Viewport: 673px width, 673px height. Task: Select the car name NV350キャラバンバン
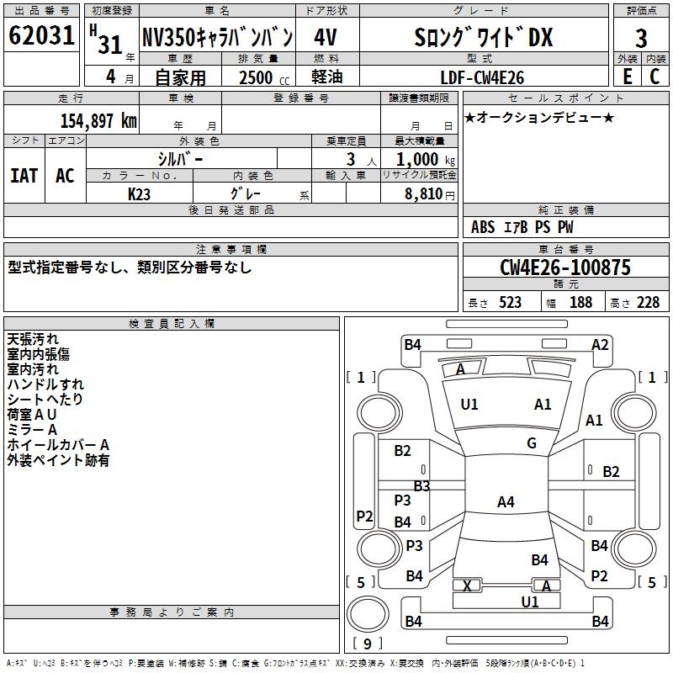pyautogui.click(x=216, y=37)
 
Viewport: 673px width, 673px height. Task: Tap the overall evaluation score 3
pyautogui.click(x=641, y=38)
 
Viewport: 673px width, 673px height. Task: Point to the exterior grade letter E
pyautogui.click(x=627, y=77)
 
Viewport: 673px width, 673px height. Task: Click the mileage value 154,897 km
pyautogui.click(x=98, y=120)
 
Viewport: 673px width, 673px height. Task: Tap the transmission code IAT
pyautogui.click(x=24, y=176)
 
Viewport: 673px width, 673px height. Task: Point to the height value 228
pyautogui.click(x=647, y=302)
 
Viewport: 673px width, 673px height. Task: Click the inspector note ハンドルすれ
pyautogui.click(x=45, y=384)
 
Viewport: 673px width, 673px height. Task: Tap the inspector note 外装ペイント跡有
pyautogui.click(x=58, y=460)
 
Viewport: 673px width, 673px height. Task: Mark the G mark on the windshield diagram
pyautogui.click(x=532, y=443)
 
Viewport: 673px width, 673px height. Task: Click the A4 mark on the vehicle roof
pyautogui.click(x=506, y=502)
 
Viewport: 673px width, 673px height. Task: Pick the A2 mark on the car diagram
pyautogui.click(x=600, y=344)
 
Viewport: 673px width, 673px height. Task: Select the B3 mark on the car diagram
pyautogui.click(x=421, y=485)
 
